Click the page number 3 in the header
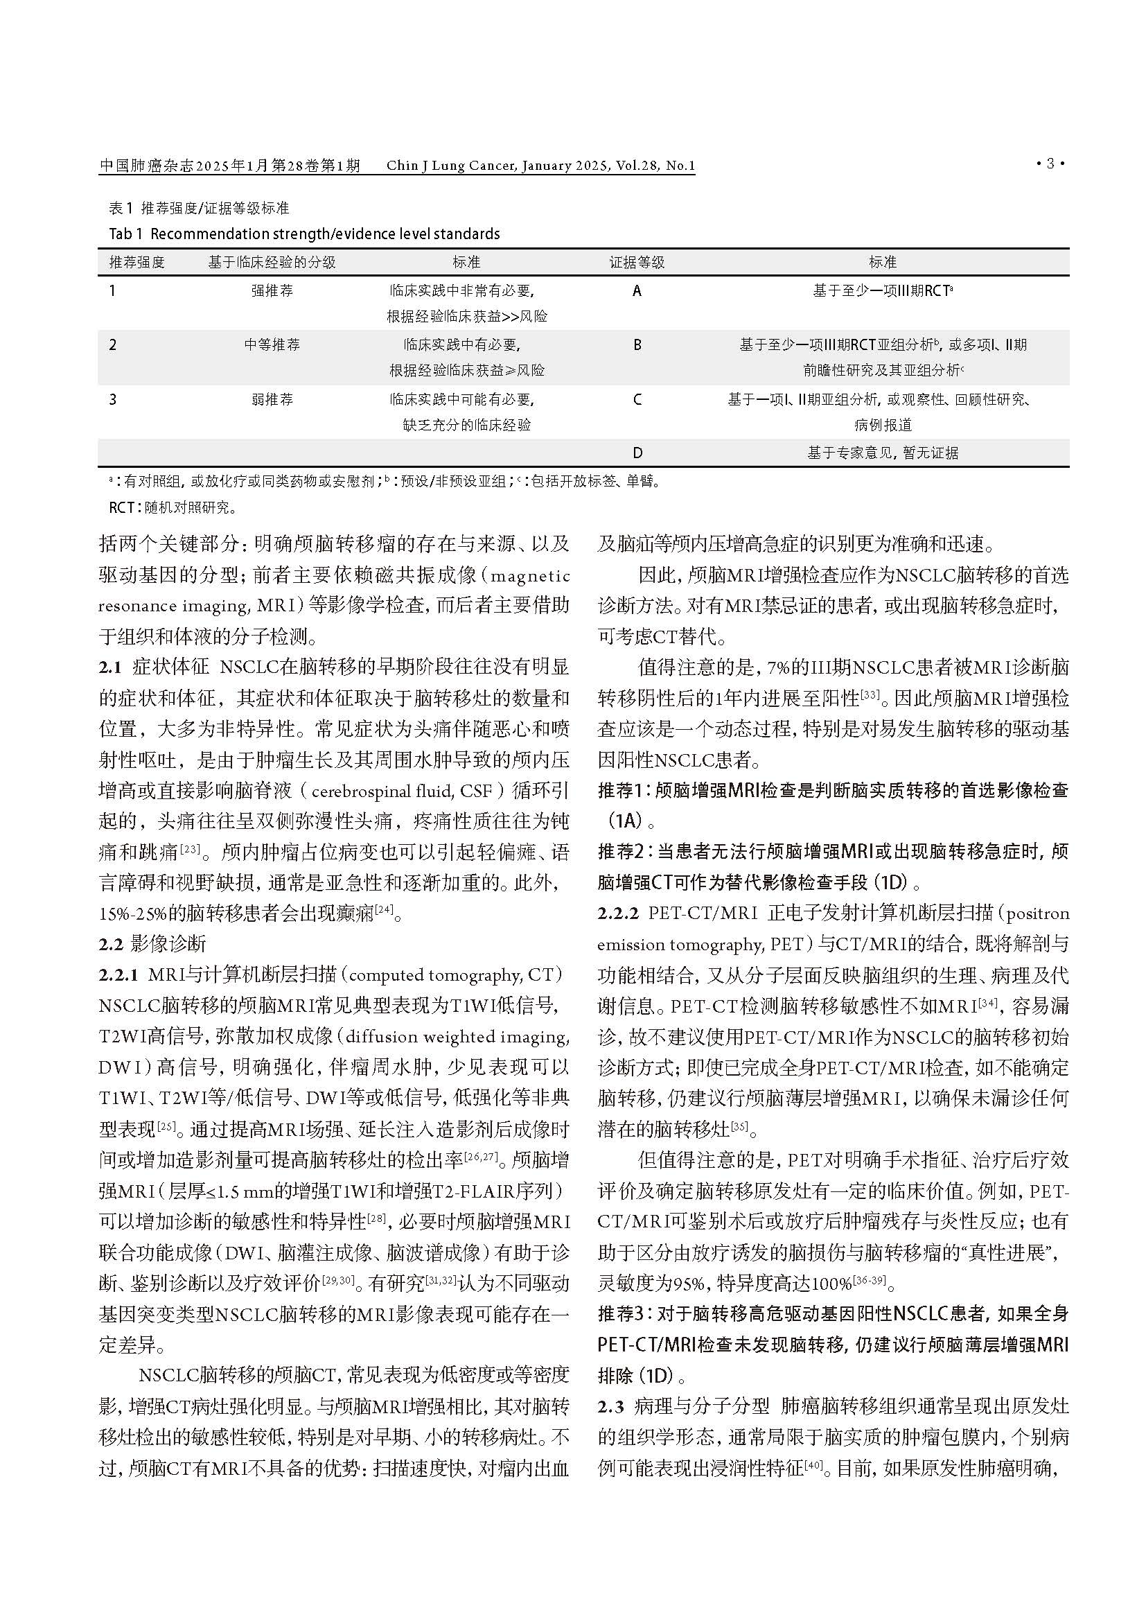(1050, 164)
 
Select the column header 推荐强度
(137, 263)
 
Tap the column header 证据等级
(637, 263)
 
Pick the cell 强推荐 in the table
(272, 291)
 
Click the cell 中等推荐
(272, 345)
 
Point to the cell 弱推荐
(272, 399)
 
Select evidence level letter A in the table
(637, 291)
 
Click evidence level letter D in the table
(637, 453)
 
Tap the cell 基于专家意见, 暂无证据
(882, 453)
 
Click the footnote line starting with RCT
(173, 507)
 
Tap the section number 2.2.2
(617, 913)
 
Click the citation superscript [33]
(870, 695)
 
